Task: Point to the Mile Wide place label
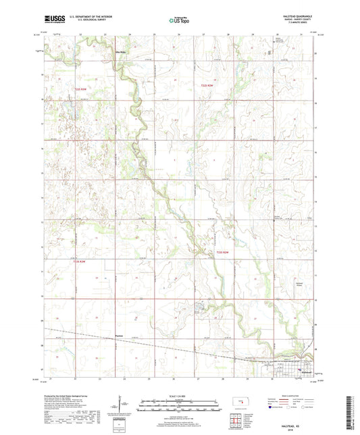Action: click(122, 51)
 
